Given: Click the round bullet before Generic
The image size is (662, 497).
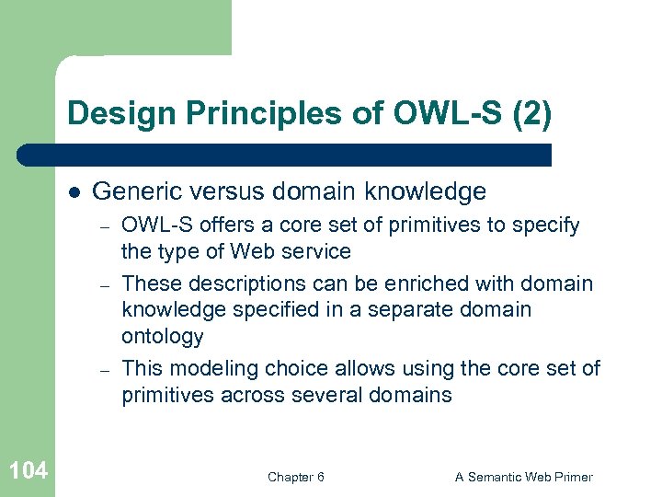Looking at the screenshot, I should click(73, 192).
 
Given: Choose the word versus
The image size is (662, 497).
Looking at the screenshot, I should click(225, 191).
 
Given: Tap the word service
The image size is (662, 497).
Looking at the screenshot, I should click(317, 251).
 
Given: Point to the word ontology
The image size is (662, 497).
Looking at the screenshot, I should click(163, 336).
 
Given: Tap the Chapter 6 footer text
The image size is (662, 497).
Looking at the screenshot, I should click(295, 477).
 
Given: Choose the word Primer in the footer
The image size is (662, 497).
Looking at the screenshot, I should click(570, 477).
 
